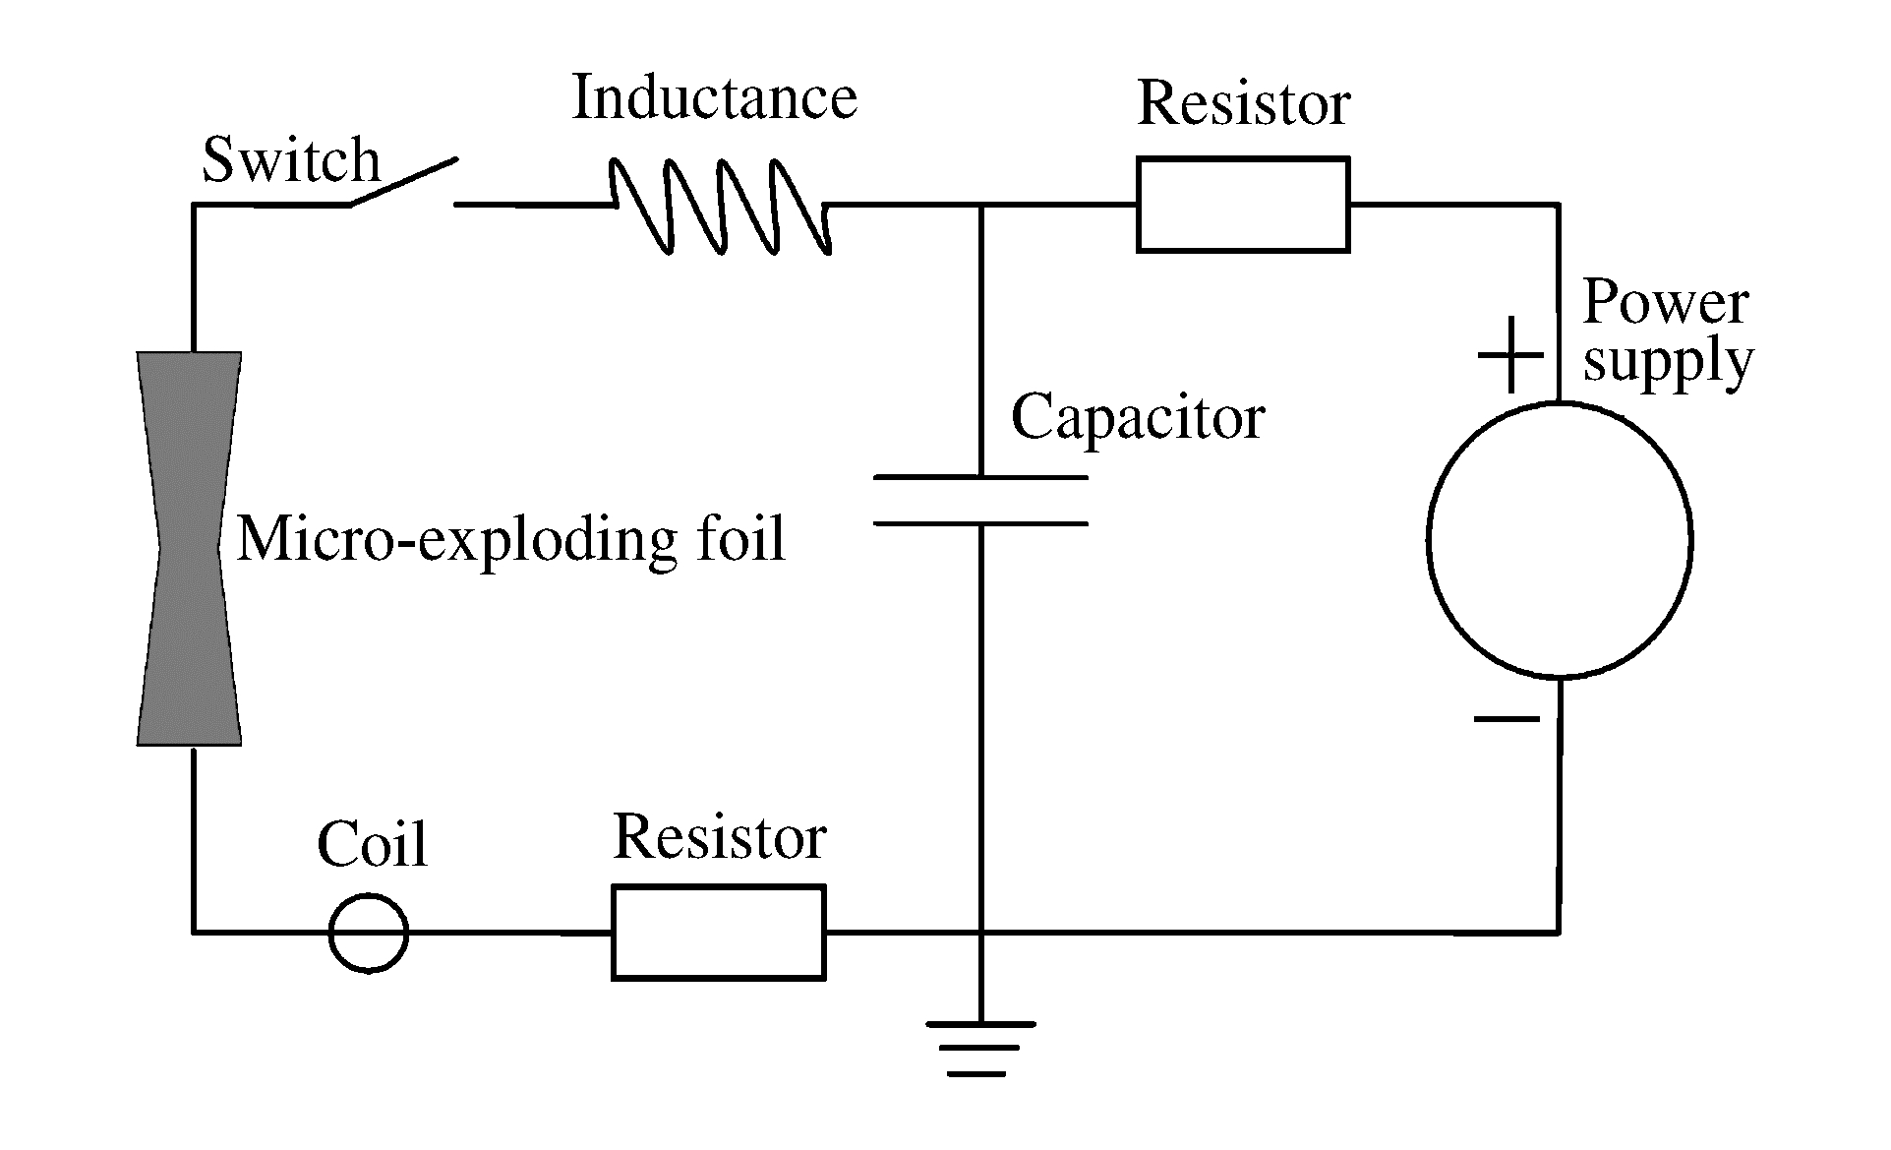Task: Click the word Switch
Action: point(290,160)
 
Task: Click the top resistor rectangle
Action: point(1243,205)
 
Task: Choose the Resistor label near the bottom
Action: point(719,837)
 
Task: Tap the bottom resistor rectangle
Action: point(719,933)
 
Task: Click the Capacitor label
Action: point(1138,417)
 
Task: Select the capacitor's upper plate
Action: point(980,478)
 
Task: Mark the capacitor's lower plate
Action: point(980,523)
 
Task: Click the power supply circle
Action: point(1559,539)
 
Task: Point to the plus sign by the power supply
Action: point(1511,355)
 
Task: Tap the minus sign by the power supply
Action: point(1506,719)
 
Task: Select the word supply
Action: point(1668,361)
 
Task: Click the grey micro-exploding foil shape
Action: point(189,548)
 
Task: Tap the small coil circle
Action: point(368,933)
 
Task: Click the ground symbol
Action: point(980,1049)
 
